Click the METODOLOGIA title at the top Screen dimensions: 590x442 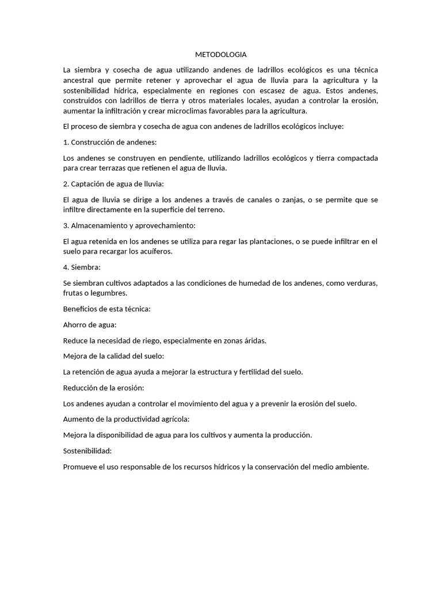(220, 55)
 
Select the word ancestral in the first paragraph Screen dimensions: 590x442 (80, 80)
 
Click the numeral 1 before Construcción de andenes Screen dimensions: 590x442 (65, 142)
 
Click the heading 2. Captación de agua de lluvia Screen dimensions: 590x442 (113, 184)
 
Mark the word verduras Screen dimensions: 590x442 (362, 283)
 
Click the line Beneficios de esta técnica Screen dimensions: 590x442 (106, 309)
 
